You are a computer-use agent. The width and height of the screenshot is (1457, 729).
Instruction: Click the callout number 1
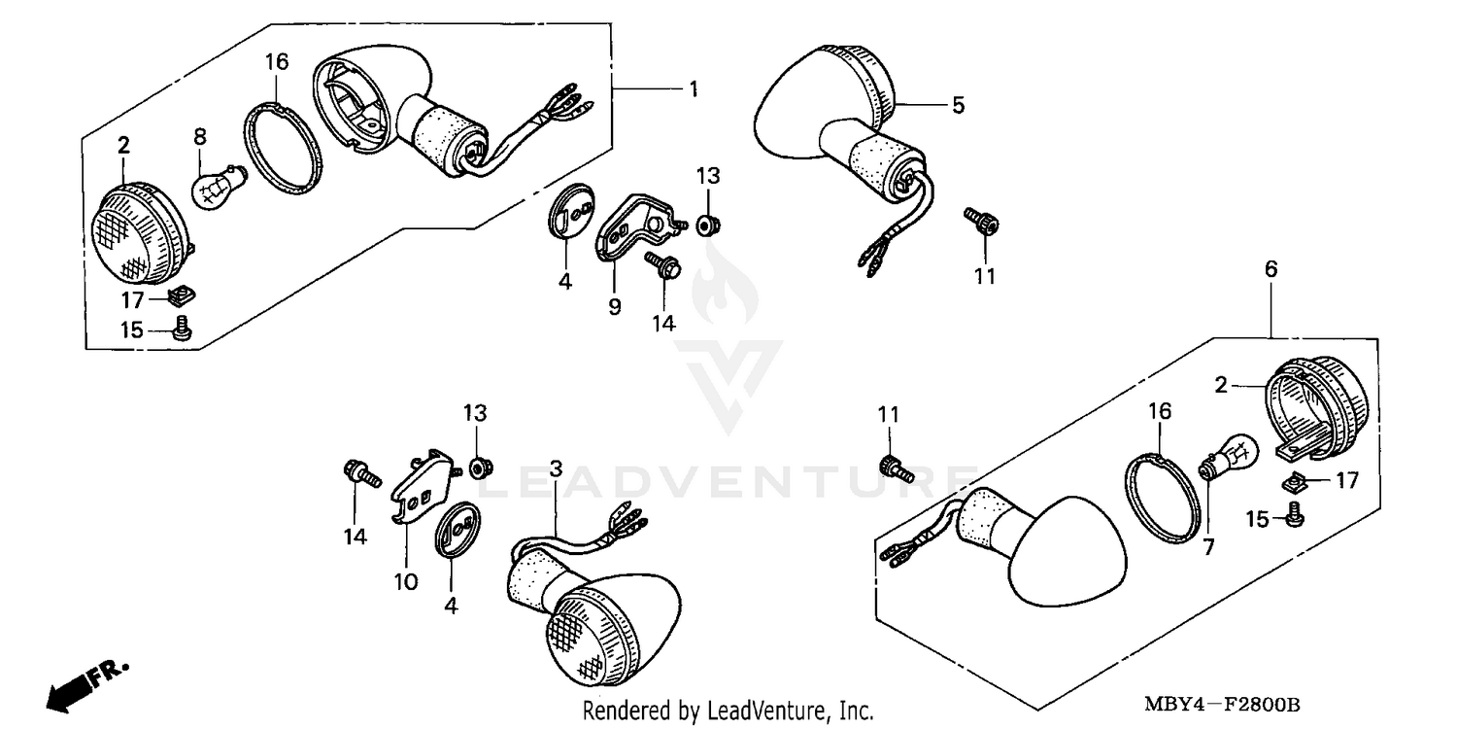pos(694,89)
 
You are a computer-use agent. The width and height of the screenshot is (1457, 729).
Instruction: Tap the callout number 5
pos(958,105)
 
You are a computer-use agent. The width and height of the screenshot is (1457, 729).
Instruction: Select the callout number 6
pos(1271,269)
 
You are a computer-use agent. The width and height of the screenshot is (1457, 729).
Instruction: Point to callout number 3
pos(556,468)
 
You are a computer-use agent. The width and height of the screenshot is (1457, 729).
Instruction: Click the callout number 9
pos(614,306)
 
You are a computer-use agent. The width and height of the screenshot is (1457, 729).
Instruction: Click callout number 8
pos(200,137)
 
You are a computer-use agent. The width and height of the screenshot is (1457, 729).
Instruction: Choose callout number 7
pos(1208,547)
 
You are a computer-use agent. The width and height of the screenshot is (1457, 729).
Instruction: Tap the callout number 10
pos(406,581)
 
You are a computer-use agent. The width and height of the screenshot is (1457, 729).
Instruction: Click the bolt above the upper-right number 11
pos(979,222)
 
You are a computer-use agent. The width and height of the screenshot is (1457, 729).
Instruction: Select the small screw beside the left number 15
pos(181,330)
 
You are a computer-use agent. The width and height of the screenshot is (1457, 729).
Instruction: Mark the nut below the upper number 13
pos(708,226)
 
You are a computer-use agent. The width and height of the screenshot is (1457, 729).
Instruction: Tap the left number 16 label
pos(277,62)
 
